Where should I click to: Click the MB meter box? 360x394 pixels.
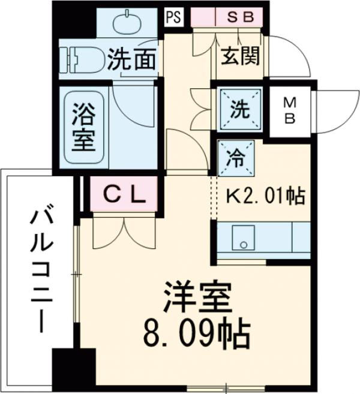coord(290,110)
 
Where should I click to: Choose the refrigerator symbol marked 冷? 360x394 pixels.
coord(235,158)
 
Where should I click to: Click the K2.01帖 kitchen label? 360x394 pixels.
coord(265,196)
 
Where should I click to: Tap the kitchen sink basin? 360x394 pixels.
coord(242,238)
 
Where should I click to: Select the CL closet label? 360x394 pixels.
coord(124,193)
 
